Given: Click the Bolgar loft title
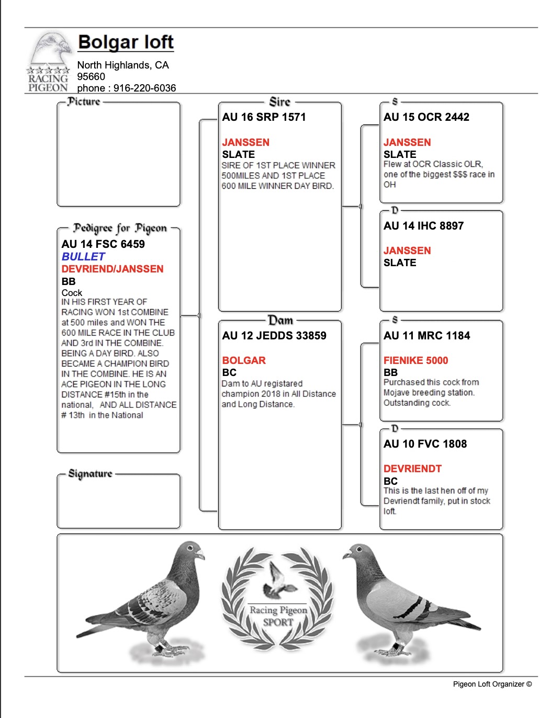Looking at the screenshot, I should pos(126,42).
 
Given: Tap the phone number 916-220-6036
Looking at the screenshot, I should pos(144,88).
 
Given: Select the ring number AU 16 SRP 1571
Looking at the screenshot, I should pos(264,117).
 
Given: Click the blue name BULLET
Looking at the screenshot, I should pos(83,257).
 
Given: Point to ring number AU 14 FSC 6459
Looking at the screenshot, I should pos(103,244).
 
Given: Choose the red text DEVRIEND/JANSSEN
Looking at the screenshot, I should pos(113,269).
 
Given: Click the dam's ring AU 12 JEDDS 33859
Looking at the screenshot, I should pos(274,336).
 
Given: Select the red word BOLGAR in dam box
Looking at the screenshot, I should pos(244,360).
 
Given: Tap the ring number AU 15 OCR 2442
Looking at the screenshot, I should pos(426,117).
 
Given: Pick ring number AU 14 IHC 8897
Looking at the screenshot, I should pos(423,226).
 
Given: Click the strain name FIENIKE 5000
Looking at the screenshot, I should pos(416,360).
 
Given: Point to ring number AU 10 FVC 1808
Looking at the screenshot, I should pos(425,444).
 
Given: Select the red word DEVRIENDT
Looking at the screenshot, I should pos(412,469).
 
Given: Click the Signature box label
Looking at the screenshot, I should pos(90,474).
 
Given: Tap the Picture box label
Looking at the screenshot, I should pos(84,101).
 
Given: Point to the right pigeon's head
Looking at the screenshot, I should pos(357,552).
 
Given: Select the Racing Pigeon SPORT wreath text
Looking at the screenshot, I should pos(278,616).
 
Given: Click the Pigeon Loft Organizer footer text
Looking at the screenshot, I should pos(492,684).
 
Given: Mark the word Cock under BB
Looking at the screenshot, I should pos(72,293).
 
